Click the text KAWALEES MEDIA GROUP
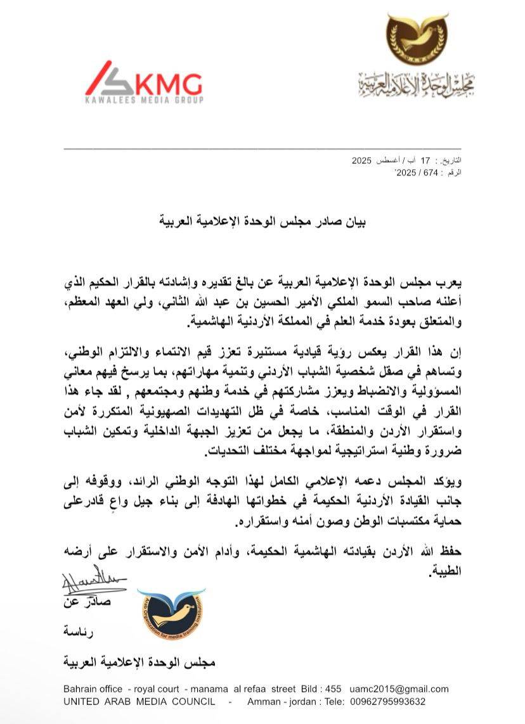pyautogui.click(x=144, y=100)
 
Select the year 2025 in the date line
pyautogui.click(x=364, y=162)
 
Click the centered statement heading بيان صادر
pyautogui.click(x=262, y=222)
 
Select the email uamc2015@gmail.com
pyautogui.click(x=412, y=689)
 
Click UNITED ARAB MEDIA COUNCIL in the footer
pyautogui.click(x=139, y=702)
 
